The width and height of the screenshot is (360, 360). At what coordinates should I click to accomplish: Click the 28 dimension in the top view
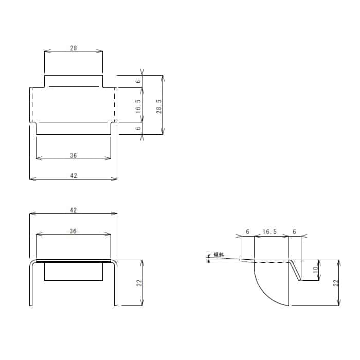click(73, 48)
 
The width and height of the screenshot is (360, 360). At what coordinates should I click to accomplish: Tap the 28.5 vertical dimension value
click(159, 105)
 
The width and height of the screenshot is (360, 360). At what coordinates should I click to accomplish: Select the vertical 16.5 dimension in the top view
click(138, 105)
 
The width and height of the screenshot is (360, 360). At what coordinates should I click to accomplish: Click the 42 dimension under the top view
click(73, 175)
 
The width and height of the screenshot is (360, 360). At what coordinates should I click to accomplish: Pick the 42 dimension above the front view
click(73, 210)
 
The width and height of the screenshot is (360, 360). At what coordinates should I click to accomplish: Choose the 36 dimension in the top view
click(73, 155)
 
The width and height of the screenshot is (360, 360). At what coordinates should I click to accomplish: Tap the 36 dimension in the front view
click(73, 231)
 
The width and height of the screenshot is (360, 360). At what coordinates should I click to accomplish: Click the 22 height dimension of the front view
click(138, 283)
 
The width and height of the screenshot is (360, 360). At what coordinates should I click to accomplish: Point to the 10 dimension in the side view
click(316, 269)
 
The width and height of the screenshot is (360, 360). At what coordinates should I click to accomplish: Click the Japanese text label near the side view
click(219, 255)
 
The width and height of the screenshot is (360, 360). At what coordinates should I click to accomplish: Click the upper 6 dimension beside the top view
click(138, 81)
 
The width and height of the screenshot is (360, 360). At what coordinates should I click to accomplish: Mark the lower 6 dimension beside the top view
click(138, 129)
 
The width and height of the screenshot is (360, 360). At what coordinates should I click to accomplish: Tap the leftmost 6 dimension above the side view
click(248, 232)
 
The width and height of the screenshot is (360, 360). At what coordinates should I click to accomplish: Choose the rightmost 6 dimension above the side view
click(294, 232)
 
